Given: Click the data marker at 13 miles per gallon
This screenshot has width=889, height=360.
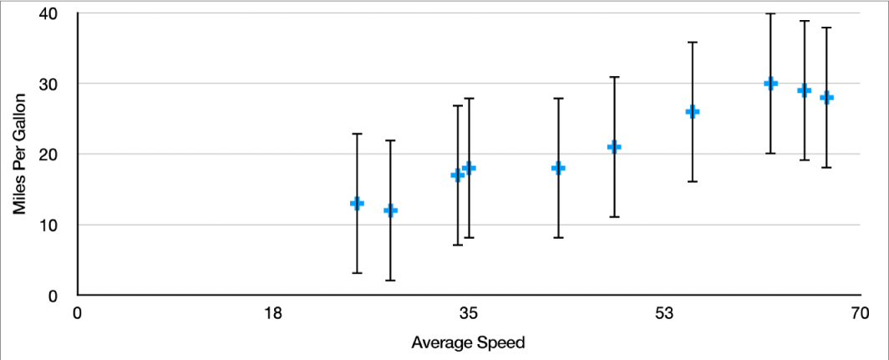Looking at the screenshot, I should [x=357, y=203].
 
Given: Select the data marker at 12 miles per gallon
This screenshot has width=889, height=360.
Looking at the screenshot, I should [x=390, y=210].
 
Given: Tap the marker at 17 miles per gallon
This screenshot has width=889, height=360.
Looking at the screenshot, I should [x=457, y=175].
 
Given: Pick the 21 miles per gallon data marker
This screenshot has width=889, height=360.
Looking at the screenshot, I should [x=614, y=147].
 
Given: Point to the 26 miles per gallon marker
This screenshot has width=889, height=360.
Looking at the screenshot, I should [x=692, y=112].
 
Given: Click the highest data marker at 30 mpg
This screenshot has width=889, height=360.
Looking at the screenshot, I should [x=770, y=84].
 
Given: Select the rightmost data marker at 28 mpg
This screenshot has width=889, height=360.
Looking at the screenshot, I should [x=826, y=98].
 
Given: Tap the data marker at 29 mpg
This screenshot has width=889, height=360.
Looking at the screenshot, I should [x=804, y=90].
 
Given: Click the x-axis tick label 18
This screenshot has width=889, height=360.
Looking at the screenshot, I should [x=272, y=314].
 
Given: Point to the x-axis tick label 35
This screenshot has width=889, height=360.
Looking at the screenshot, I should [x=469, y=314].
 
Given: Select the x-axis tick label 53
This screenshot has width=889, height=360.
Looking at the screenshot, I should [x=664, y=314].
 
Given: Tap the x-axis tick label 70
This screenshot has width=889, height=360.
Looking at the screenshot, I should [x=860, y=314].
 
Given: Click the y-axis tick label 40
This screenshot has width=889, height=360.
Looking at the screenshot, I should [x=48, y=14].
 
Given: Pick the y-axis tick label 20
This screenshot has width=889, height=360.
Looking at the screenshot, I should [x=48, y=155].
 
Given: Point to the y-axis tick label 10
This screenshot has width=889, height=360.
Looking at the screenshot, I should [x=48, y=226].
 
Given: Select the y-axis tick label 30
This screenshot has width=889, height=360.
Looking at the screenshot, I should [x=48, y=84].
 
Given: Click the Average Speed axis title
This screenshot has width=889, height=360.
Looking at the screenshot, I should [x=468, y=342].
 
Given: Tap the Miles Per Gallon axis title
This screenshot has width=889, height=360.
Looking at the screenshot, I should [x=19, y=155].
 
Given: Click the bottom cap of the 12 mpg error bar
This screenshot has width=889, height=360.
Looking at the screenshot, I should [x=390, y=281].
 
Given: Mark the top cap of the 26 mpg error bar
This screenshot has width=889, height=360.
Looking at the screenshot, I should [x=692, y=42].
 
